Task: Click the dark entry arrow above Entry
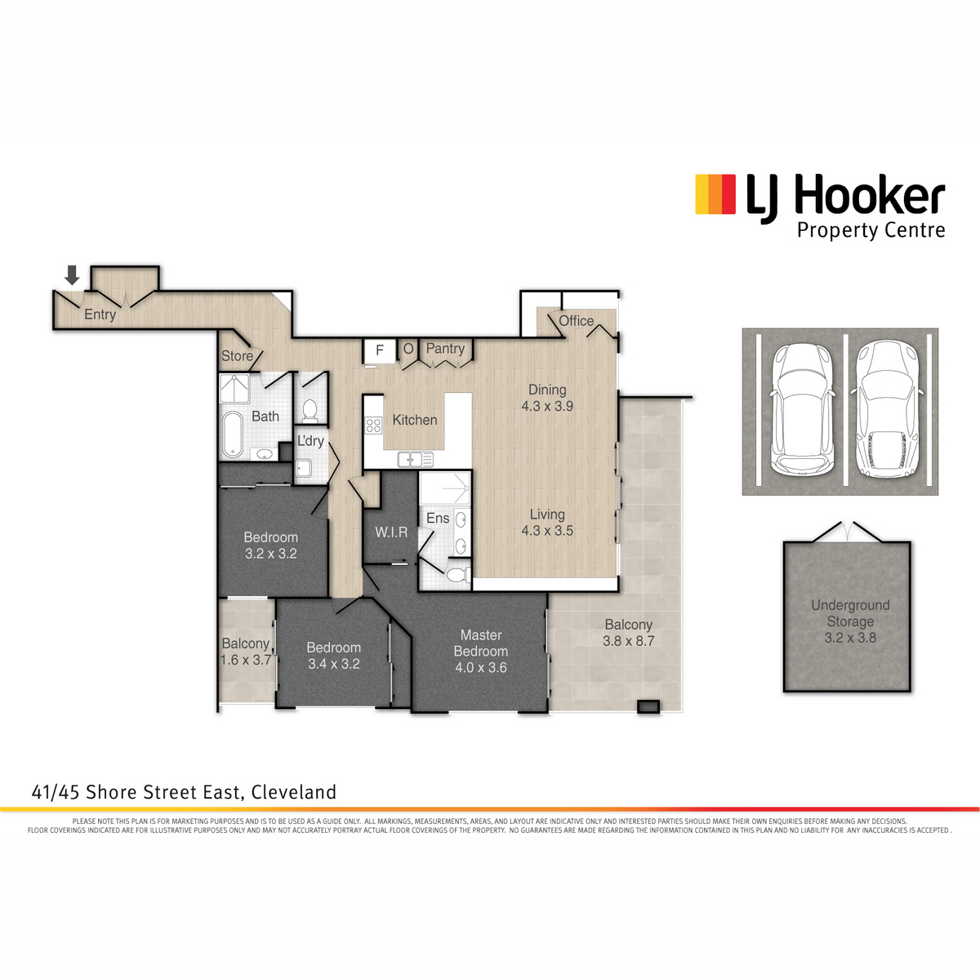72,274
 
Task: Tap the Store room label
237,356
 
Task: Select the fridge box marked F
380,351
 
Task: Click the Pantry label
446,349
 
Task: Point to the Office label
577,321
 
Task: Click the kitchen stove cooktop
373,425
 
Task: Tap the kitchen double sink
416,459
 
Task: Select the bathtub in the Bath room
234,434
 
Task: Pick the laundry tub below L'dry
304,468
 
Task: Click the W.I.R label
392,532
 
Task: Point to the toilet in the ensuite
458,575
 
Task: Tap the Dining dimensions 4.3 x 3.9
547,407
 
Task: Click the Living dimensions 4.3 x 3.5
547,531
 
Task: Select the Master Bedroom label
481,644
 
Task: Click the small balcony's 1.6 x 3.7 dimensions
246,660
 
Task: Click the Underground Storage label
850,613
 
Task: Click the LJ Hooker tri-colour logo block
715,194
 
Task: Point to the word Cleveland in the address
294,792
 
